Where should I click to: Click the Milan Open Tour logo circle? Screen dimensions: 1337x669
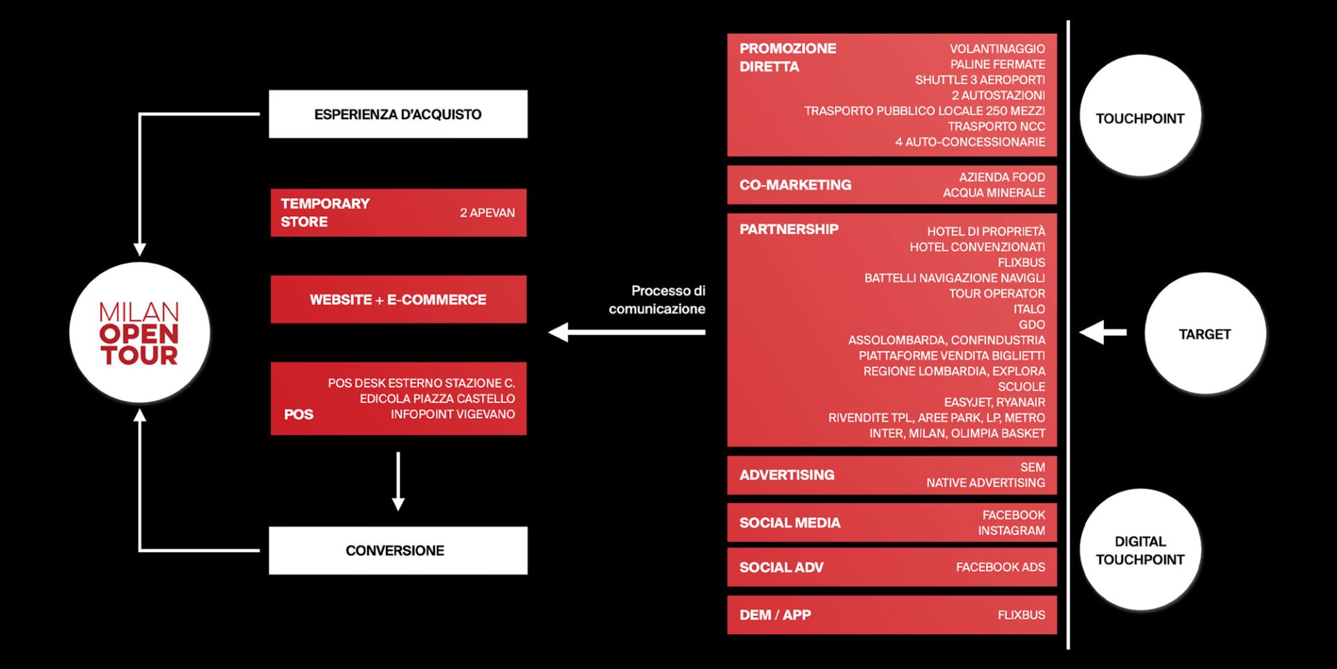[x=139, y=332]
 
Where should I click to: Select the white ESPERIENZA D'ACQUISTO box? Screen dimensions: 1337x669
[x=398, y=114]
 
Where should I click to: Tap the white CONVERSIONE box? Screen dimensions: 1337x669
[x=398, y=551]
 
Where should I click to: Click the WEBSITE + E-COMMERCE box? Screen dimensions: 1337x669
[x=398, y=300]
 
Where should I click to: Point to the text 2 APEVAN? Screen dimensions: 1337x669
[x=487, y=213]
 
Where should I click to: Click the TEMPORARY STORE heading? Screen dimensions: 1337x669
[x=325, y=213]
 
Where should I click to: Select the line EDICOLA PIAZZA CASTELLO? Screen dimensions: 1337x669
[x=437, y=399]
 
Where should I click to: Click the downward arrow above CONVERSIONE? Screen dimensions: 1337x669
[x=398, y=482]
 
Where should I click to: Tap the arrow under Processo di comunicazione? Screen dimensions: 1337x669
[x=627, y=332]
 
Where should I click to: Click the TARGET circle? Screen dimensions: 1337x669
[x=1205, y=334]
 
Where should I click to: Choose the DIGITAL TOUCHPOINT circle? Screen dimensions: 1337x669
[x=1140, y=550]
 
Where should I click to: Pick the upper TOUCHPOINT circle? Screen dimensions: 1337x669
[x=1140, y=116]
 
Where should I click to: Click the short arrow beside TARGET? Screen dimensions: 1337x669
[x=1103, y=332]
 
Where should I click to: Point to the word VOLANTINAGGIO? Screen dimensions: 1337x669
[x=997, y=49]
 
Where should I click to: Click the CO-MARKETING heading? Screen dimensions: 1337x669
[x=795, y=185]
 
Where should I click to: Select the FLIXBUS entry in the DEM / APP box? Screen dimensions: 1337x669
[x=1022, y=615]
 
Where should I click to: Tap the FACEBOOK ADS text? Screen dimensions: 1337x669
[x=1001, y=567]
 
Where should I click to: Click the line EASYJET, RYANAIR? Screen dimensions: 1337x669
[x=994, y=402]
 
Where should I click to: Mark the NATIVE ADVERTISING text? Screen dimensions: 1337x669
[x=985, y=482]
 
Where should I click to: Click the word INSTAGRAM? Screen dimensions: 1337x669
[x=1011, y=530]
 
